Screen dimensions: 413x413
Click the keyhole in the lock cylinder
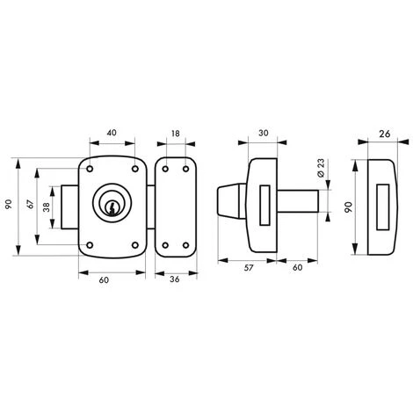point(112,207)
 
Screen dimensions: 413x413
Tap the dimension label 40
point(112,133)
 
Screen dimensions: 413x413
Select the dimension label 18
point(176,134)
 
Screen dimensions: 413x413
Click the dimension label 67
point(31,204)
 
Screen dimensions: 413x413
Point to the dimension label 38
point(47,207)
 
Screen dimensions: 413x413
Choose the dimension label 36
point(175,279)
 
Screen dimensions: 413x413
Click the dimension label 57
point(248,268)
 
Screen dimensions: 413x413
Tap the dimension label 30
point(264,133)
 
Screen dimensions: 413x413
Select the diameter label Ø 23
point(322,168)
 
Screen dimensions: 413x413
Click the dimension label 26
point(385,134)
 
